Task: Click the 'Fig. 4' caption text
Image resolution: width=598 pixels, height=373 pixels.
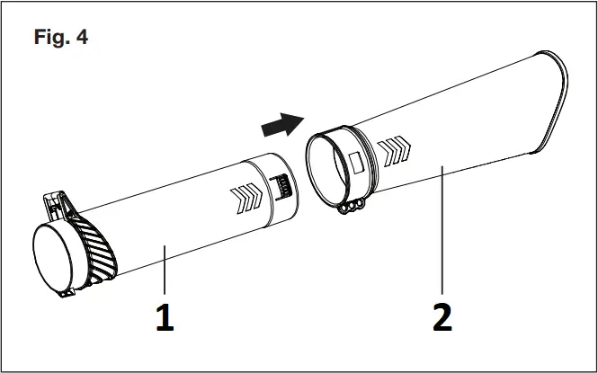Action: (61, 39)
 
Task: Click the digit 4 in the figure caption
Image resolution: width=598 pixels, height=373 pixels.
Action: (82, 39)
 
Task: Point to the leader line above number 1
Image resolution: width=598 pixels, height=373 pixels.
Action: (164, 270)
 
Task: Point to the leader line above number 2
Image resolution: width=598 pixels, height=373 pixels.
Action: (442, 234)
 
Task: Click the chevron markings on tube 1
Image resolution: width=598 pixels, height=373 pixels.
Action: (245, 196)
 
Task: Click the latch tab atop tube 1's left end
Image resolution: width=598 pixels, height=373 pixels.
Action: (56, 202)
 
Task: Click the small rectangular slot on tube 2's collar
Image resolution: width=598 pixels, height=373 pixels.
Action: (355, 163)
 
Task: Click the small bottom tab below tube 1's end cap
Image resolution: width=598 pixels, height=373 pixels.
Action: (66, 292)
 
